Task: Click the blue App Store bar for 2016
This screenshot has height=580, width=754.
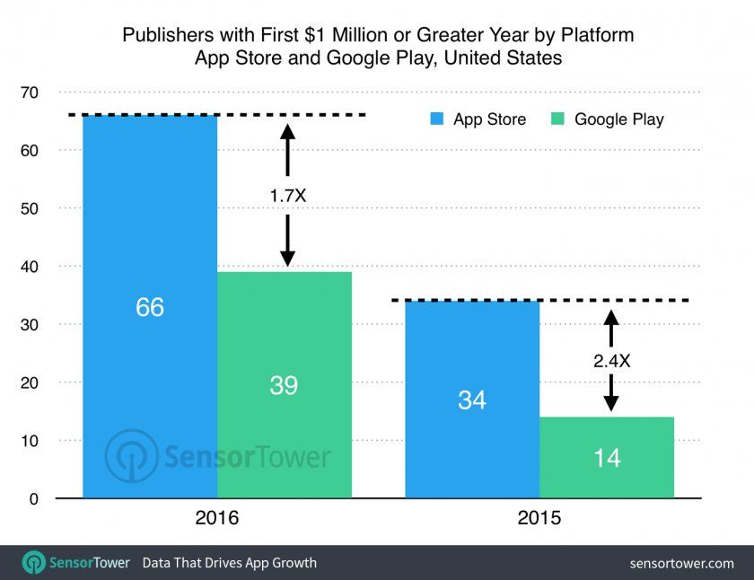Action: [149, 224]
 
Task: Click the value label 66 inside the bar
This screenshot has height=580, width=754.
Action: [150, 307]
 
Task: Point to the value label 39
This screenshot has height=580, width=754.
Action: [284, 385]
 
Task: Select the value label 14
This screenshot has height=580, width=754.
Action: [607, 458]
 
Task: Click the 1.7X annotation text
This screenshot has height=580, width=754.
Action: [287, 195]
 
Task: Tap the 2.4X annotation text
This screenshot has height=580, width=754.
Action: [610, 360]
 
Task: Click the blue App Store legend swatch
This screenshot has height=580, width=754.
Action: [438, 119]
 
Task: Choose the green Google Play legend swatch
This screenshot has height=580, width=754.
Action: [559, 119]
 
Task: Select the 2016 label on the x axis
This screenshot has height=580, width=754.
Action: [216, 519]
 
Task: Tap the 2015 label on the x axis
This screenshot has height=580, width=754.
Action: [539, 519]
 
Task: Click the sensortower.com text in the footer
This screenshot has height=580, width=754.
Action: [682, 563]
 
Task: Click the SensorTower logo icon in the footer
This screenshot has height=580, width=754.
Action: [34, 563]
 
